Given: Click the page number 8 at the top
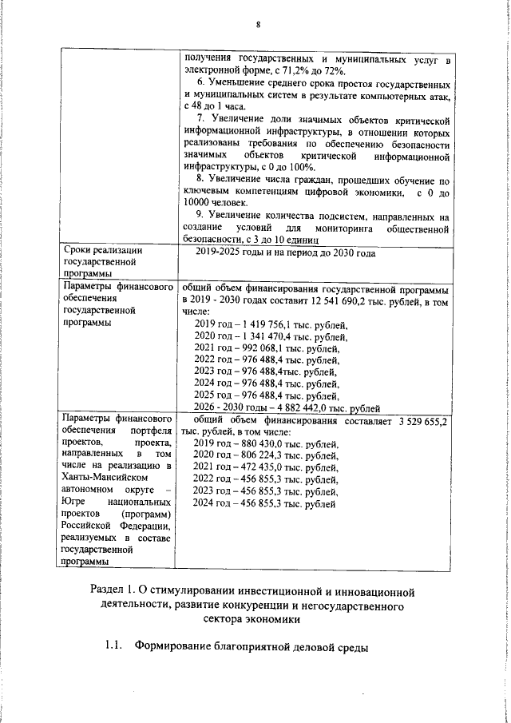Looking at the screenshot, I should [x=258, y=23].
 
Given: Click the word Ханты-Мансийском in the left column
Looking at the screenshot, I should [x=100, y=478].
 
